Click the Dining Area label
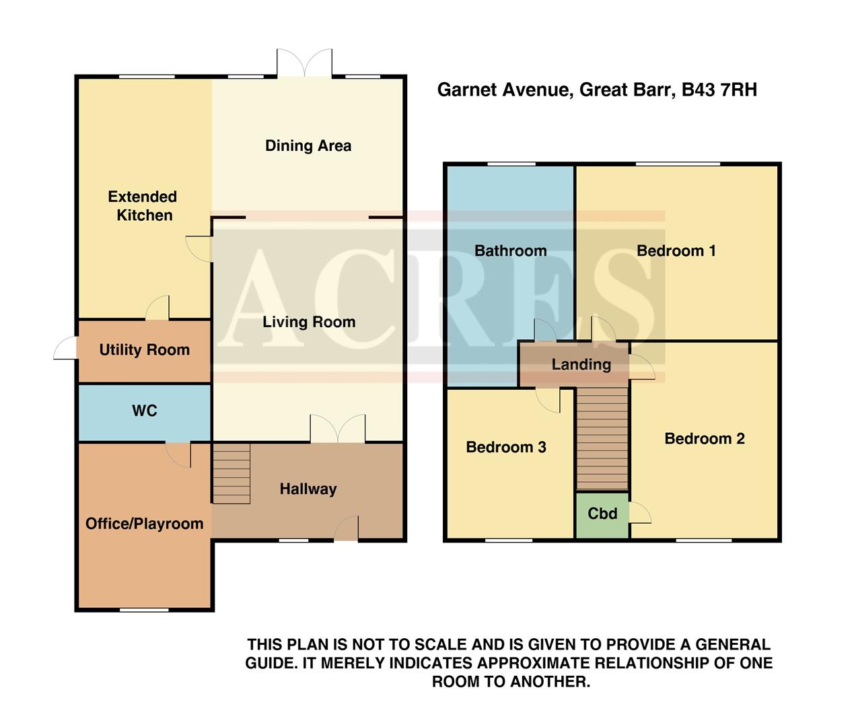click(308, 145)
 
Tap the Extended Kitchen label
click(143, 206)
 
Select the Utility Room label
click(144, 350)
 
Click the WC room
click(144, 411)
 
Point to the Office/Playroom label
click(144, 524)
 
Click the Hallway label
click(308, 489)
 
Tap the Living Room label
click(308, 322)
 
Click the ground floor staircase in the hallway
click(231, 473)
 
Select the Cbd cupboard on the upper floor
click(602, 514)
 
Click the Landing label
click(581, 365)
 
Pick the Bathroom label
click(510, 251)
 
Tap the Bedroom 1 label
click(676, 251)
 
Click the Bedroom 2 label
click(704, 439)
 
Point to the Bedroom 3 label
click(505, 448)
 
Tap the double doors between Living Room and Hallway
click(337, 429)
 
